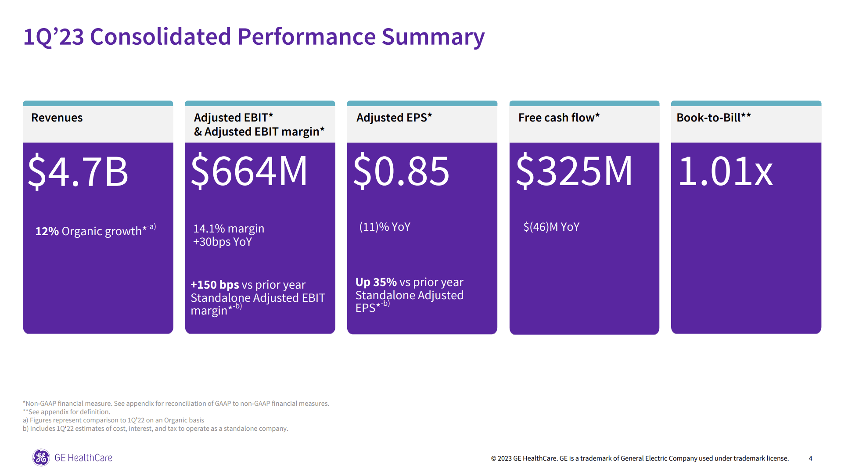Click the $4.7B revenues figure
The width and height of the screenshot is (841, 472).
(78, 171)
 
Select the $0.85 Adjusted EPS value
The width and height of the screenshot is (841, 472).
(401, 171)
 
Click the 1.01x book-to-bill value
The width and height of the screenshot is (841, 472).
(726, 171)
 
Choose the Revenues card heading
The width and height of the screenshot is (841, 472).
(57, 118)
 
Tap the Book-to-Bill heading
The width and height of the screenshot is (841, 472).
(713, 118)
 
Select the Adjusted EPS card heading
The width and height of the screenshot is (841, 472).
(394, 118)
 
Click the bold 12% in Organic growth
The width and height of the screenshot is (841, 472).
(47, 231)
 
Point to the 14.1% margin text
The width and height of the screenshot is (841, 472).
(229, 229)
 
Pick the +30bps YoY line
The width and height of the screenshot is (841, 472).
(223, 242)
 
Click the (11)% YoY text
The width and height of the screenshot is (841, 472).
(385, 227)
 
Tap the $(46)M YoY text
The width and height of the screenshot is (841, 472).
(551, 227)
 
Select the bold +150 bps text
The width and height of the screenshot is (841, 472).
(215, 285)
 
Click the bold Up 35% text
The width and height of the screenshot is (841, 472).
(376, 282)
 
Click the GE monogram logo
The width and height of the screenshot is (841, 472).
(41, 458)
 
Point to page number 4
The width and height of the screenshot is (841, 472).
(810, 458)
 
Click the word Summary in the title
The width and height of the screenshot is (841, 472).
(433, 37)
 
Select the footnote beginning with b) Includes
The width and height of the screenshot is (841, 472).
(155, 429)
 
